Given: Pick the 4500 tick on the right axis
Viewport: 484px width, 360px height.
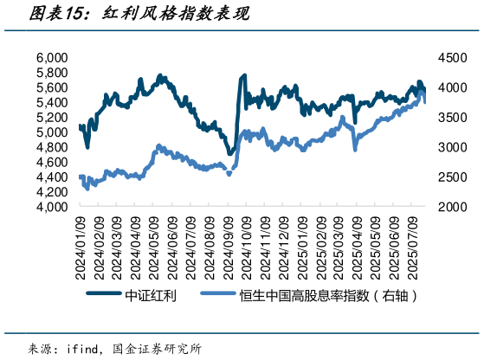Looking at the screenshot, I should pos(451,58).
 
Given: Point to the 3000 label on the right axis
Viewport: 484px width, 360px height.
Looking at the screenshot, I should pos(451,148).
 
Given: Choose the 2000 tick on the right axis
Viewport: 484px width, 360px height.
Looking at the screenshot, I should pos(451,208).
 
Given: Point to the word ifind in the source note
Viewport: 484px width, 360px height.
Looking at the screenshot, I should pos(84,348).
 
